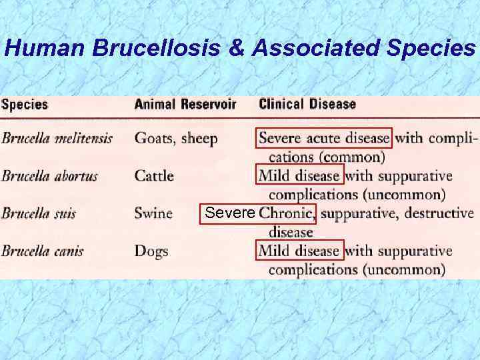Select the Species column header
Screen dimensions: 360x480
(x=25, y=105)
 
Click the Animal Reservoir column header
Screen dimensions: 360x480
(x=185, y=105)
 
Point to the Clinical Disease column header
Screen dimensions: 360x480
(x=307, y=105)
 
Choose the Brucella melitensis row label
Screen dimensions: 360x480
(x=57, y=139)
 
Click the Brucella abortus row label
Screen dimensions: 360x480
(x=49, y=176)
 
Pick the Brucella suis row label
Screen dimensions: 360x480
(x=39, y=214)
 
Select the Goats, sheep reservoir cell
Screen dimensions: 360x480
(x=176, y=139)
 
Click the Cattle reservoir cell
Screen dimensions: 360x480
(x=154, y=176)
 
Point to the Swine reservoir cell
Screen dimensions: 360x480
(x=153, y=214)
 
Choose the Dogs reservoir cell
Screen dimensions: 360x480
(x=151, y=251)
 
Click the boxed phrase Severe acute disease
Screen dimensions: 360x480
(x=324, y=139)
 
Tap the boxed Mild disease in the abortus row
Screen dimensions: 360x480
(x=299, y=176)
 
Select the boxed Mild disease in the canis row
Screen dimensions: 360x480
(x=299, y=251)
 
